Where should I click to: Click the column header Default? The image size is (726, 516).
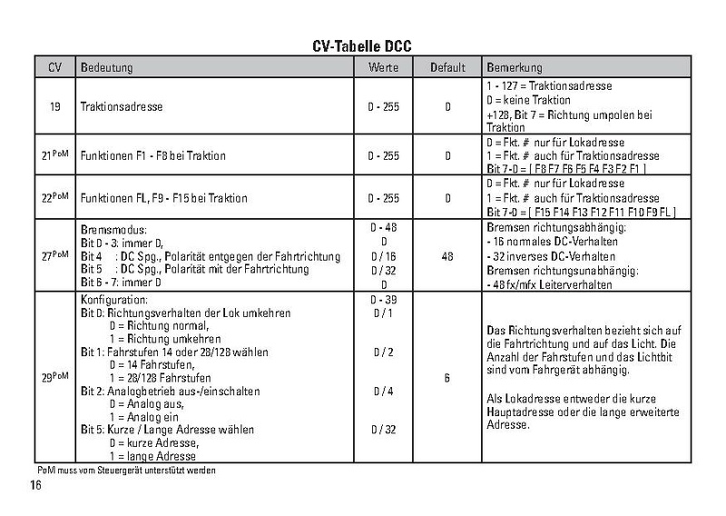tap(448, 68)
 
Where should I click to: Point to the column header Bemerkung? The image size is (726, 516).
tap(515, 68)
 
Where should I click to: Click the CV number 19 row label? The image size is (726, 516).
tap(55, 107)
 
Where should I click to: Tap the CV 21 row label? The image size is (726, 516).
tap(55, 156)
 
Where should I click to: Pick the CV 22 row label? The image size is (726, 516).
tap(55, 197)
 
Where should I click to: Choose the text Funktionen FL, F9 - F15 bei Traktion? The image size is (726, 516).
tap(163, 197)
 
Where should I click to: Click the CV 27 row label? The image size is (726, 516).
tap(55, 257)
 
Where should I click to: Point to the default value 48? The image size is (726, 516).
tap(448, 257)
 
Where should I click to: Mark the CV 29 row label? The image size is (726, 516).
tap(55, 375)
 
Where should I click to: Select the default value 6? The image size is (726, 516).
tap(448, 375)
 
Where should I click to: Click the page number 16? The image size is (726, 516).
tap(36, 486)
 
